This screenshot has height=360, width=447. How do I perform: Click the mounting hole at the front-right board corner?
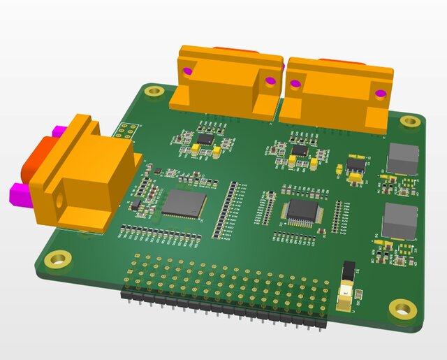(401, 307)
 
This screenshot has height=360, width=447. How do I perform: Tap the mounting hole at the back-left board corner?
(154, 91)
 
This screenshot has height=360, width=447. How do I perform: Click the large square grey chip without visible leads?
(184, 203)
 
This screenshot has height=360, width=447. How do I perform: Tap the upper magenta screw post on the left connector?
(59, 131)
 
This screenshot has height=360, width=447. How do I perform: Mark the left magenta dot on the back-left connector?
(187, 71)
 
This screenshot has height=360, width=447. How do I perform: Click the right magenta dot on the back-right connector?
(381, 93)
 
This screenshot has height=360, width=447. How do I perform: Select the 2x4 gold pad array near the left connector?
(126, 131)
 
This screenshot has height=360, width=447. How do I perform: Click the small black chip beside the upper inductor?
(356, 165)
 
